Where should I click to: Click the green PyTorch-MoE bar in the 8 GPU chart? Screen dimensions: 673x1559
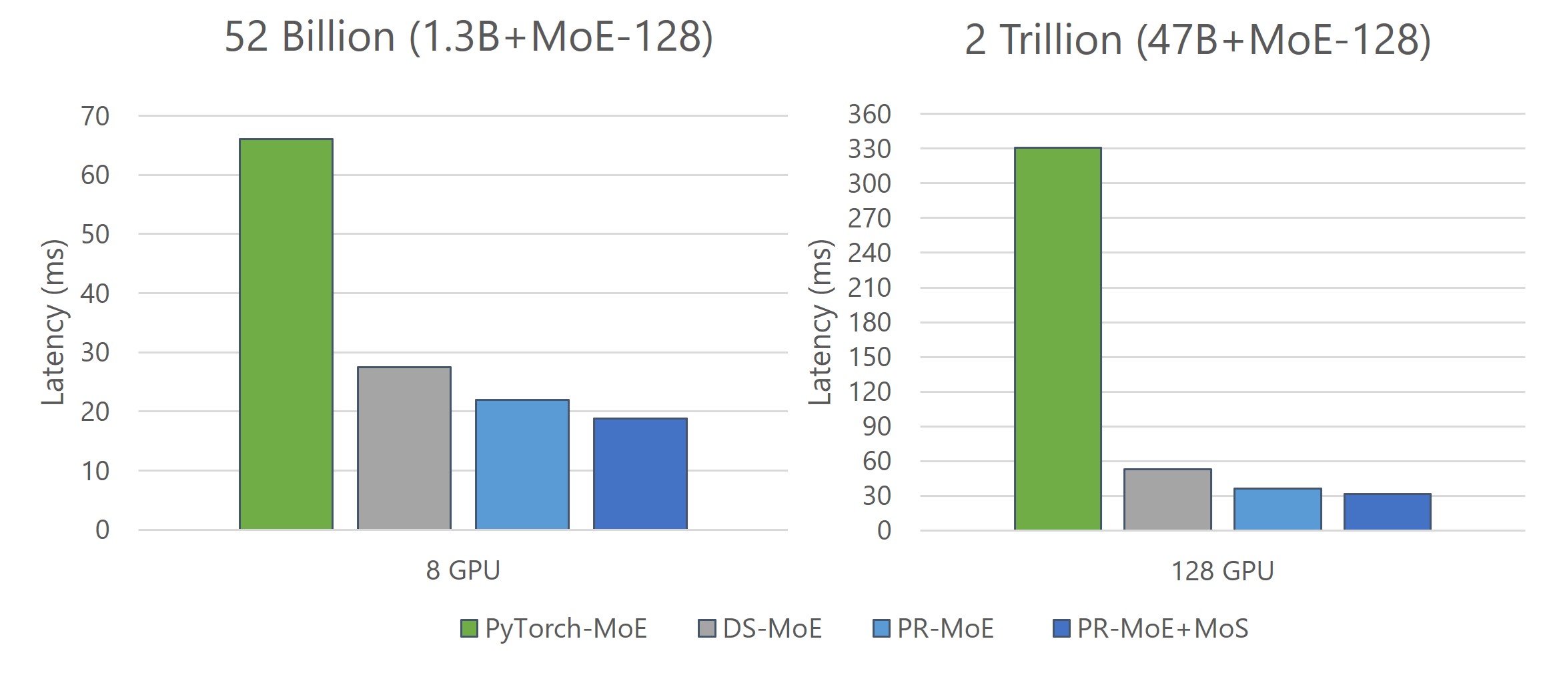pyautogui.click(x=286, y=333)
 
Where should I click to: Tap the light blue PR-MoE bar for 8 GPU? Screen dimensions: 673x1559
pyautogui.click(x=522, y=464)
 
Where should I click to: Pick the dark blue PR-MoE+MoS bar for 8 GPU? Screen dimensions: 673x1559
pyautogui.click(x=640, y=474)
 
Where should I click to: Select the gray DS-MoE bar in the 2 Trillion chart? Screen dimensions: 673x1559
pyautogui.click(x=1167, y=500)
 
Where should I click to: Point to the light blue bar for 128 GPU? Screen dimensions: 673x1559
pyautogui.click(x=1277, y=509)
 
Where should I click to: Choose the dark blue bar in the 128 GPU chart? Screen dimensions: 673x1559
pyautogui.click(x=1387, y=512)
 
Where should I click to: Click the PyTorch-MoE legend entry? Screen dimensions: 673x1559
pyautogui.click(x=554, y=628)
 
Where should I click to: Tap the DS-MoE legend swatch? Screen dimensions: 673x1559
pyautogui.click(x=706, y=628)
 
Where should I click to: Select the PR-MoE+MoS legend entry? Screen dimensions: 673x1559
pyautogui.click(x=1151, y=628)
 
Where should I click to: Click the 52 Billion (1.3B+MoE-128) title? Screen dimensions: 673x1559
pyautogui.click(x=468, y=37)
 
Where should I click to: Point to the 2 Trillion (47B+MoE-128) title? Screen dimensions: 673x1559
pyautogui.click(x=1197, y=40)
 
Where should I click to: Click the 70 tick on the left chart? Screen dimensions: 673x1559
pyautogui.click(x=95, y=116)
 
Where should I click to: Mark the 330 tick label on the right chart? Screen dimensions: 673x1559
pyautogui.click(x=869, y=149)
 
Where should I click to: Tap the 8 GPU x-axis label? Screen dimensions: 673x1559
pyautogui.click(x=463, y=570)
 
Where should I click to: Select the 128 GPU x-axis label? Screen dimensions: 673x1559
pyautogui.click(x=1222, y=571)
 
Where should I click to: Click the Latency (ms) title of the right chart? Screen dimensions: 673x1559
pyautogui.click(x=820, y=322)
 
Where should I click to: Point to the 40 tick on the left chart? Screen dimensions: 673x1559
pyautogui.click(x=95, y=293)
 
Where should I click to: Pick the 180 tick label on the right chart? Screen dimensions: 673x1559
pyautogui.click(x=869, y=322)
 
